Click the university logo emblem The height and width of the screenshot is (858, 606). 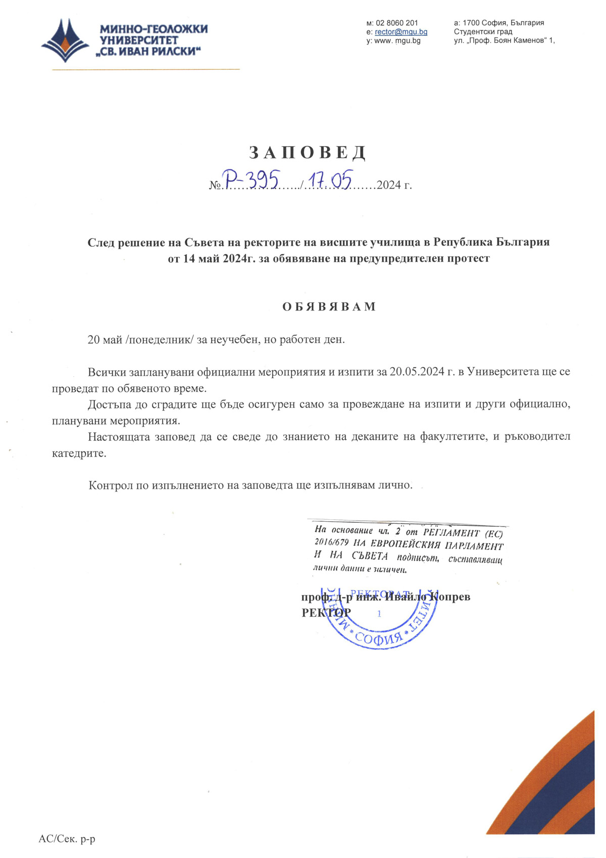(65, 40)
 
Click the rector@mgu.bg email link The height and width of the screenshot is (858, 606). (401, 32)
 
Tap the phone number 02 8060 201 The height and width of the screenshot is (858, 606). (396, 23)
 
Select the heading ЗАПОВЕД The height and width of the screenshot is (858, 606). (308, 152)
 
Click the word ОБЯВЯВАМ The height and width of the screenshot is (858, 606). (329, 307)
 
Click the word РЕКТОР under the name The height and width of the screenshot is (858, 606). (326, 612)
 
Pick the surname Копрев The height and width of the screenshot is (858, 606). (449, 597)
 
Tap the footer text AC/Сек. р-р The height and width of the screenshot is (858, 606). (67, 839)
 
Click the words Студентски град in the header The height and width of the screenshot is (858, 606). (483, 32)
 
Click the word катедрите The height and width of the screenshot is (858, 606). (79, 453)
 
